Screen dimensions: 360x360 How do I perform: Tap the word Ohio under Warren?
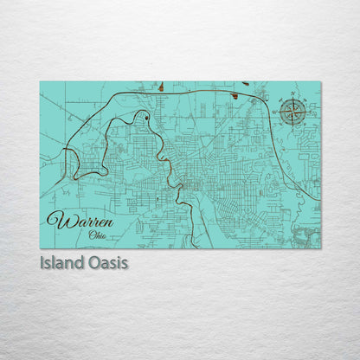[x=97, y=233]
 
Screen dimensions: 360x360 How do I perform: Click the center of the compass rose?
[x=293, y=112]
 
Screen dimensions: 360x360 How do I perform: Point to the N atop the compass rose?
[x=293, y=93]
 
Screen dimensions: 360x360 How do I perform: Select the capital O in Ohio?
[x=90, y=233]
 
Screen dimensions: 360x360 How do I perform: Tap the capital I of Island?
[x=42, y=262]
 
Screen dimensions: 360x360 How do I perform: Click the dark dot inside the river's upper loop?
[x=147, y=116]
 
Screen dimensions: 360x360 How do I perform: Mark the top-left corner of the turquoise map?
[x=40, y=82]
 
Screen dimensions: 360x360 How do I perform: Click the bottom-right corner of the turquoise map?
[x=320, y=248]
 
